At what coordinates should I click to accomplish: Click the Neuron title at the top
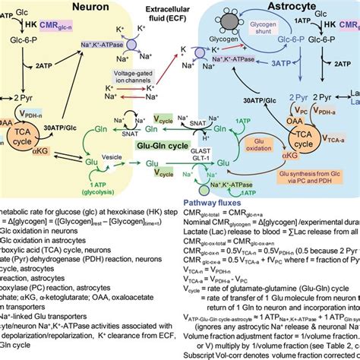pos(84,9)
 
